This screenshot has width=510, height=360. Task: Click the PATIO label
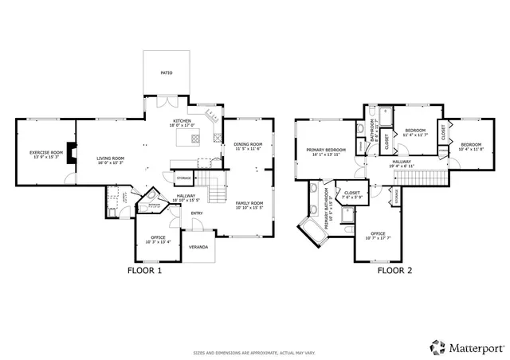tap(166, 72)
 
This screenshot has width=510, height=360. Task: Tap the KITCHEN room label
tap(182, 122)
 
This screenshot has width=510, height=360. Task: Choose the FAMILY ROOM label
tap(248, 205)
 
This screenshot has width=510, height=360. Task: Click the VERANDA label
tap(198, 247)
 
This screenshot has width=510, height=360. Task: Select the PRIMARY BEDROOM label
tap(327, 151)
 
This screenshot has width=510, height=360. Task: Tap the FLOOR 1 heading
tap(144, 271)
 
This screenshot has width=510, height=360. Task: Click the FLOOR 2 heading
tap(394, 271)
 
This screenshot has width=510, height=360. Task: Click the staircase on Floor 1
tap(214, 191)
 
